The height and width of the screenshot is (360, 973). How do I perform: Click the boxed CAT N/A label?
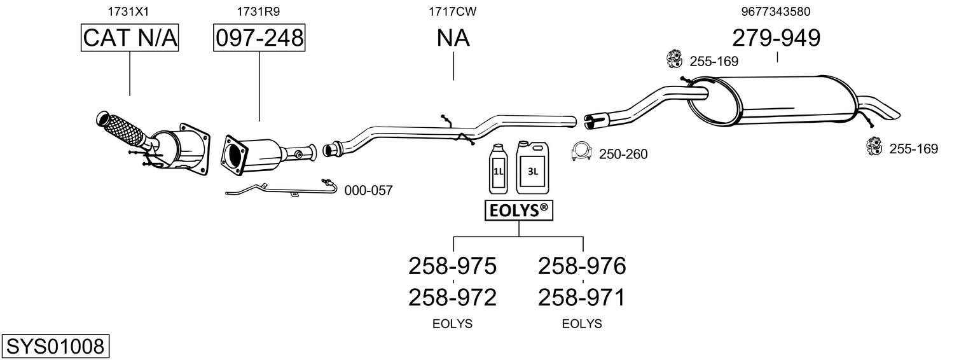click(130, 38)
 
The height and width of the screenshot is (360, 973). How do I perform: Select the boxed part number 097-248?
click(259, 38)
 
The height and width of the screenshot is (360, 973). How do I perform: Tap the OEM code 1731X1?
click(130, 11)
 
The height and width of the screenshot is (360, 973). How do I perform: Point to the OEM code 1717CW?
click(453, 11)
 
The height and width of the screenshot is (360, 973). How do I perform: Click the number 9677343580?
click(775, 11)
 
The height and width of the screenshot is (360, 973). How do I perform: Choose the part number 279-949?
click(776, 38)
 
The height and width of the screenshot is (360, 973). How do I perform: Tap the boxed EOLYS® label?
click(518, 210)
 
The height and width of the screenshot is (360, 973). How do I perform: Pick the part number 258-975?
click(452, 266)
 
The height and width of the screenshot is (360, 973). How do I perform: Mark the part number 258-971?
click(582, 297)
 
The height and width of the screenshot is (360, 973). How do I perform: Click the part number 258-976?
click(582, 266)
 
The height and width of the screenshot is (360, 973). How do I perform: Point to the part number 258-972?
click(452, 297)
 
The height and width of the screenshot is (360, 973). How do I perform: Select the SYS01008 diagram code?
click(55, 347)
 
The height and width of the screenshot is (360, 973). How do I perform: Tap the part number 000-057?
click(368, 190)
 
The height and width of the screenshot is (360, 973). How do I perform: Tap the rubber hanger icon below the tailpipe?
click(874, 147)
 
